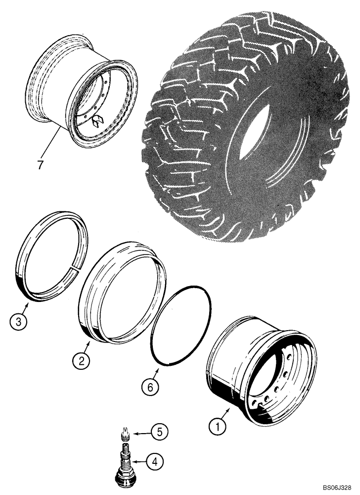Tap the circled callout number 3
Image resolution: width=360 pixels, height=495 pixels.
[x=17, y=323]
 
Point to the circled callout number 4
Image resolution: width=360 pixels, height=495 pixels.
[x=155, y=463]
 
